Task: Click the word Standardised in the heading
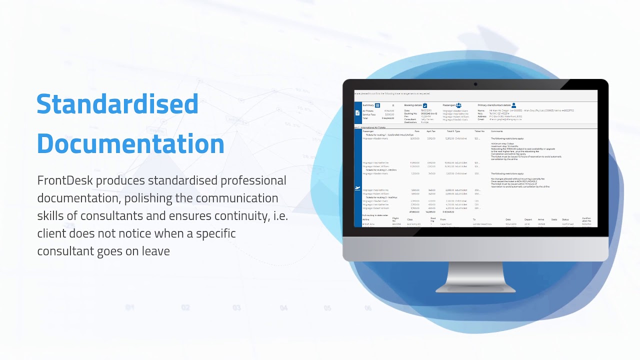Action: point(117,104)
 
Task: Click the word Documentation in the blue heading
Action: point(130,144)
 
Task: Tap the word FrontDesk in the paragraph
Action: point(66,180)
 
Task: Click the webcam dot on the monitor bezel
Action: point(475,84)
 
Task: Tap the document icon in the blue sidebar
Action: point(357,113)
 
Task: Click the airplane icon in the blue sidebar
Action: point(357,188)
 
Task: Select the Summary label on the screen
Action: point(368,105)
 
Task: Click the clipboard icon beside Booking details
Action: point(425,105)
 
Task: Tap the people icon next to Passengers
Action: point(458,105)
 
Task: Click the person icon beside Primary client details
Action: point(513,105)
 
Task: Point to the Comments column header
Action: point(496,131)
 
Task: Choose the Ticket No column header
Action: point(479,131)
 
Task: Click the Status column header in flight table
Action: point(565,219)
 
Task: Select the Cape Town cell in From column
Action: point(445,224)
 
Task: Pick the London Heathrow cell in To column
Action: point(482,224)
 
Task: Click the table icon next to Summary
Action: point(377,105)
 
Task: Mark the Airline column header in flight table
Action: point(366,219)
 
